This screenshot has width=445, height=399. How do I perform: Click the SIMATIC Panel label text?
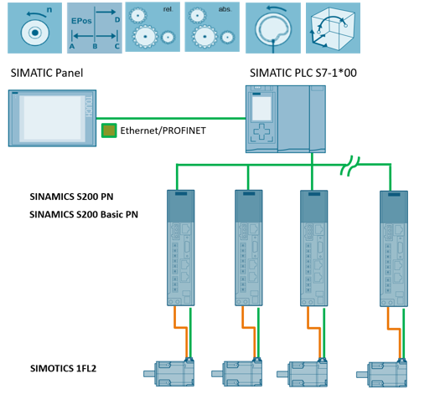47,73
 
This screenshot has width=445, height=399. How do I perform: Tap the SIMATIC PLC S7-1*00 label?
303,73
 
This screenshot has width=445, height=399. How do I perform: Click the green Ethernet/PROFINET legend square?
109,130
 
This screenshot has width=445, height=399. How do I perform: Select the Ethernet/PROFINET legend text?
163,130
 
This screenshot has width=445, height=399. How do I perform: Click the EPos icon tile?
95,28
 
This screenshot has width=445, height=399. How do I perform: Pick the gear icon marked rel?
153,27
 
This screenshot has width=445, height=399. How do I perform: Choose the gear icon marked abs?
212,27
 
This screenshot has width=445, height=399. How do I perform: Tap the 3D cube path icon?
333,28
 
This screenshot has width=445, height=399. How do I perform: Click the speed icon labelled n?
34,28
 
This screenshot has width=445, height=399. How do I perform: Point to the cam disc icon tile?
273,28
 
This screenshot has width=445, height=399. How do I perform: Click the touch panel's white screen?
52,118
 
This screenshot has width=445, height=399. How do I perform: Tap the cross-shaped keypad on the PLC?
261,132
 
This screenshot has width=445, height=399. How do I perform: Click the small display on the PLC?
261,109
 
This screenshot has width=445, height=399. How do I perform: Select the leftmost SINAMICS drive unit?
180,248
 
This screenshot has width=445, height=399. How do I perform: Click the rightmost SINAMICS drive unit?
394,248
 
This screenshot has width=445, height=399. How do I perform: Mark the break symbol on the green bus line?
350,166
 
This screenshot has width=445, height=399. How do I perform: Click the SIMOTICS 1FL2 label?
64,368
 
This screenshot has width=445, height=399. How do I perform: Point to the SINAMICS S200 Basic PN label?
84,214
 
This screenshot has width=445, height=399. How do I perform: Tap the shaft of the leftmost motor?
148,374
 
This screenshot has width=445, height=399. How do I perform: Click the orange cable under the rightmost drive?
394,329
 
